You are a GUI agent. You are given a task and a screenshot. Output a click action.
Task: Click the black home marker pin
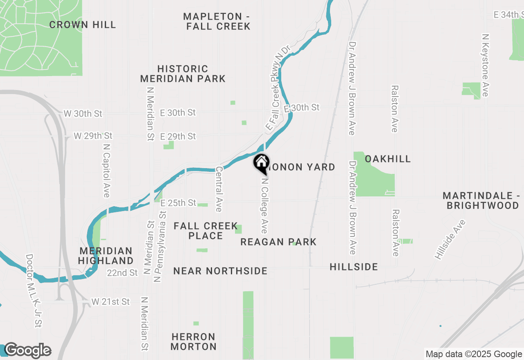tap(261, 163)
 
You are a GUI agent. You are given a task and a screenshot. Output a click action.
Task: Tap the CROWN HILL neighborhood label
tap(83, 25)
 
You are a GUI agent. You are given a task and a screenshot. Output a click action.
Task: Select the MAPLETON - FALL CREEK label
tap(217, 21)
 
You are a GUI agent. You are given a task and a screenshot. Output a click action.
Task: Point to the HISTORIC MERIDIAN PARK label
tap(183, 74)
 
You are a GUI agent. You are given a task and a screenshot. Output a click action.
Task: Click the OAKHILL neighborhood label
tap(387, 159)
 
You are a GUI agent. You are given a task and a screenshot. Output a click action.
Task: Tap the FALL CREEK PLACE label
tap(206, 231)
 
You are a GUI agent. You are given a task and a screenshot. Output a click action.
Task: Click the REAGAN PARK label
tap(278, 242)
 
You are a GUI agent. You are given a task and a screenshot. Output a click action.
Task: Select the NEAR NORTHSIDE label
tap(220, 271)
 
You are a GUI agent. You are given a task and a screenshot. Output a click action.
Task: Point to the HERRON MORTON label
tap(194, 342)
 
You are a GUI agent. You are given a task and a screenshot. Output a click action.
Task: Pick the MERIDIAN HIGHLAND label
tap(106, 256)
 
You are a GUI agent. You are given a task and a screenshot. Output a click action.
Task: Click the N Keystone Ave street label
tap(486, 65)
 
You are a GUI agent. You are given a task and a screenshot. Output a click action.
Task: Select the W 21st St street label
tap(111, 302)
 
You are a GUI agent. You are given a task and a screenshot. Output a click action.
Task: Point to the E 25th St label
tap(178, 203)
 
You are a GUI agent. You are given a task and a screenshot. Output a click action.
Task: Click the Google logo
tap(27, 351)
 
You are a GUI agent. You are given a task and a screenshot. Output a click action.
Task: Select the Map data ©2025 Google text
tap(474, 354)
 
